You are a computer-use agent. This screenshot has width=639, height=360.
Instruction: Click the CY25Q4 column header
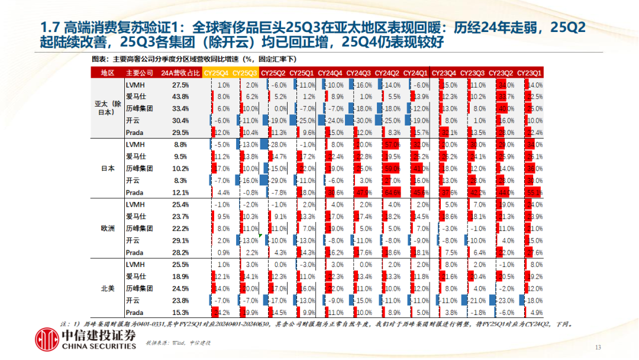click(217, 73)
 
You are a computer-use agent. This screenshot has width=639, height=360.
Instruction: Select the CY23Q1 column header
click(529, 73)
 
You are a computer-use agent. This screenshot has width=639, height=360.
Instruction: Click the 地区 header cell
click(107, 73)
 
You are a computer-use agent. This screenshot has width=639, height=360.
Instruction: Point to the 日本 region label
click(107, 169)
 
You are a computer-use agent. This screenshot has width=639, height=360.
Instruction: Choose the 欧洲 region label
click(107, 229)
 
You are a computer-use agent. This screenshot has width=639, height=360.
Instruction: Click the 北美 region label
click(107, 288)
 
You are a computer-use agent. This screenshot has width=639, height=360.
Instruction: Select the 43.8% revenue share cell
click(179, 97)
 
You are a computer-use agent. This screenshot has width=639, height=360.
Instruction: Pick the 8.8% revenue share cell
click(180, 144)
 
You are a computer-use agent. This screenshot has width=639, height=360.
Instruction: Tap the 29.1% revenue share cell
click(179, 240)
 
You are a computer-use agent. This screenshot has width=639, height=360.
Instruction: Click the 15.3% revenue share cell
click(179, 313)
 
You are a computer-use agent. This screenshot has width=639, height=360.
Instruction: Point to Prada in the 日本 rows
click(134, 192)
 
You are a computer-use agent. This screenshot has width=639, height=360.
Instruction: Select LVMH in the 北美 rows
click(134, 265)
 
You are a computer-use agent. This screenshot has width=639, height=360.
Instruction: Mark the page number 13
click(598, 347)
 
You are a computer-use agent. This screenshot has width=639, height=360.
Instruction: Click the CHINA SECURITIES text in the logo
click(98, 346)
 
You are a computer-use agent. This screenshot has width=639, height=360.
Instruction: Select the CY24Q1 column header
click(415, 73)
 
